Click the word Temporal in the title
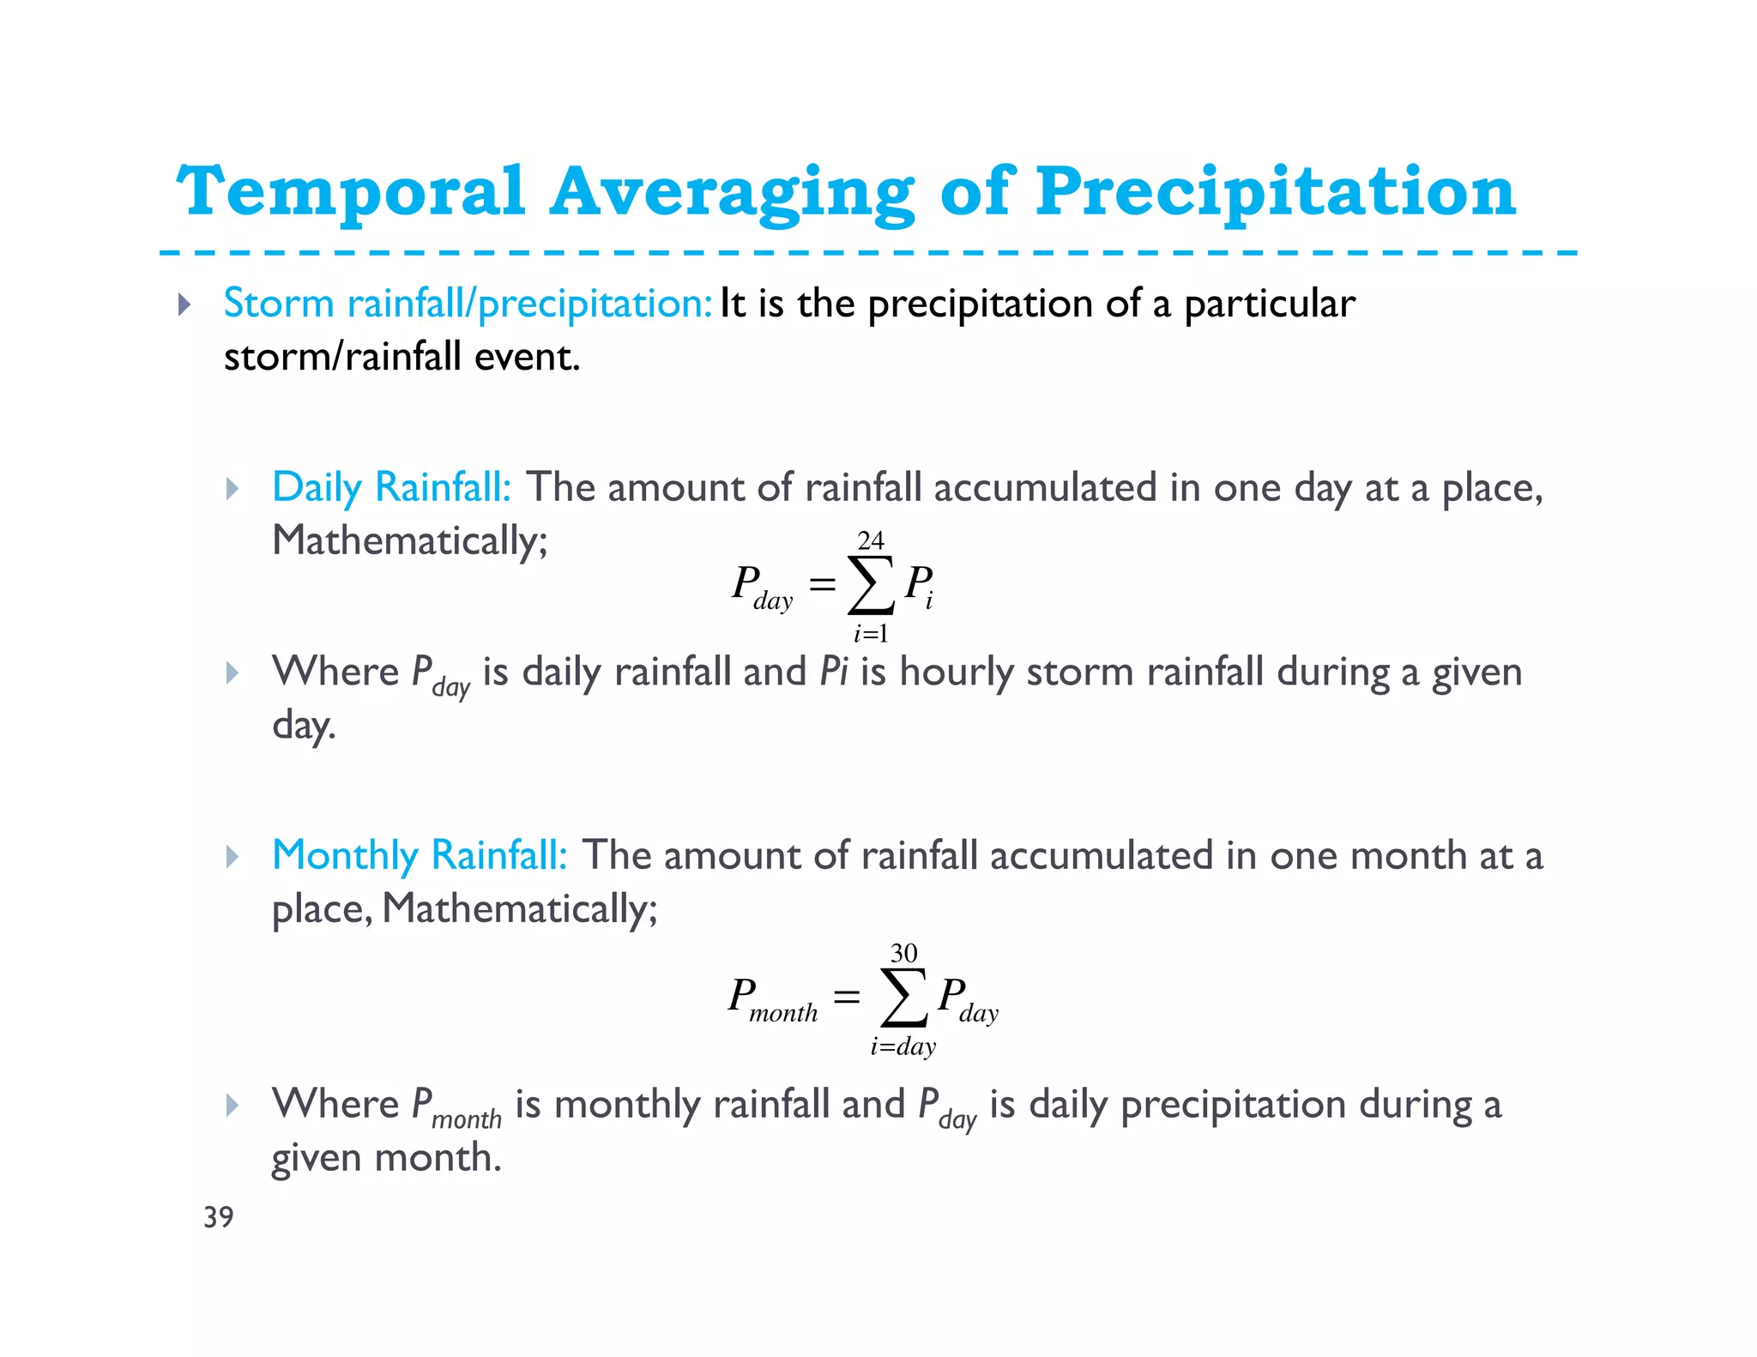350,192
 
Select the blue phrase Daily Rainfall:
391,487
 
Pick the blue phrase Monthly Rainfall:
420,855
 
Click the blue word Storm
278,304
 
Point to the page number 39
218,1216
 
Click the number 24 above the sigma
870,540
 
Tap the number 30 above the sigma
903,953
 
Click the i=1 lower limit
870,634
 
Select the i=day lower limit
903,1046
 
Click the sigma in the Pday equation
870,586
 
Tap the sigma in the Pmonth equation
903,998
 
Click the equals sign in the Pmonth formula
846,997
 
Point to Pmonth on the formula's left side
772,999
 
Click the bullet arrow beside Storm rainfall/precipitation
184,305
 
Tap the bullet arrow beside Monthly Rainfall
232,856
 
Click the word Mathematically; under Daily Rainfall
409,541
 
